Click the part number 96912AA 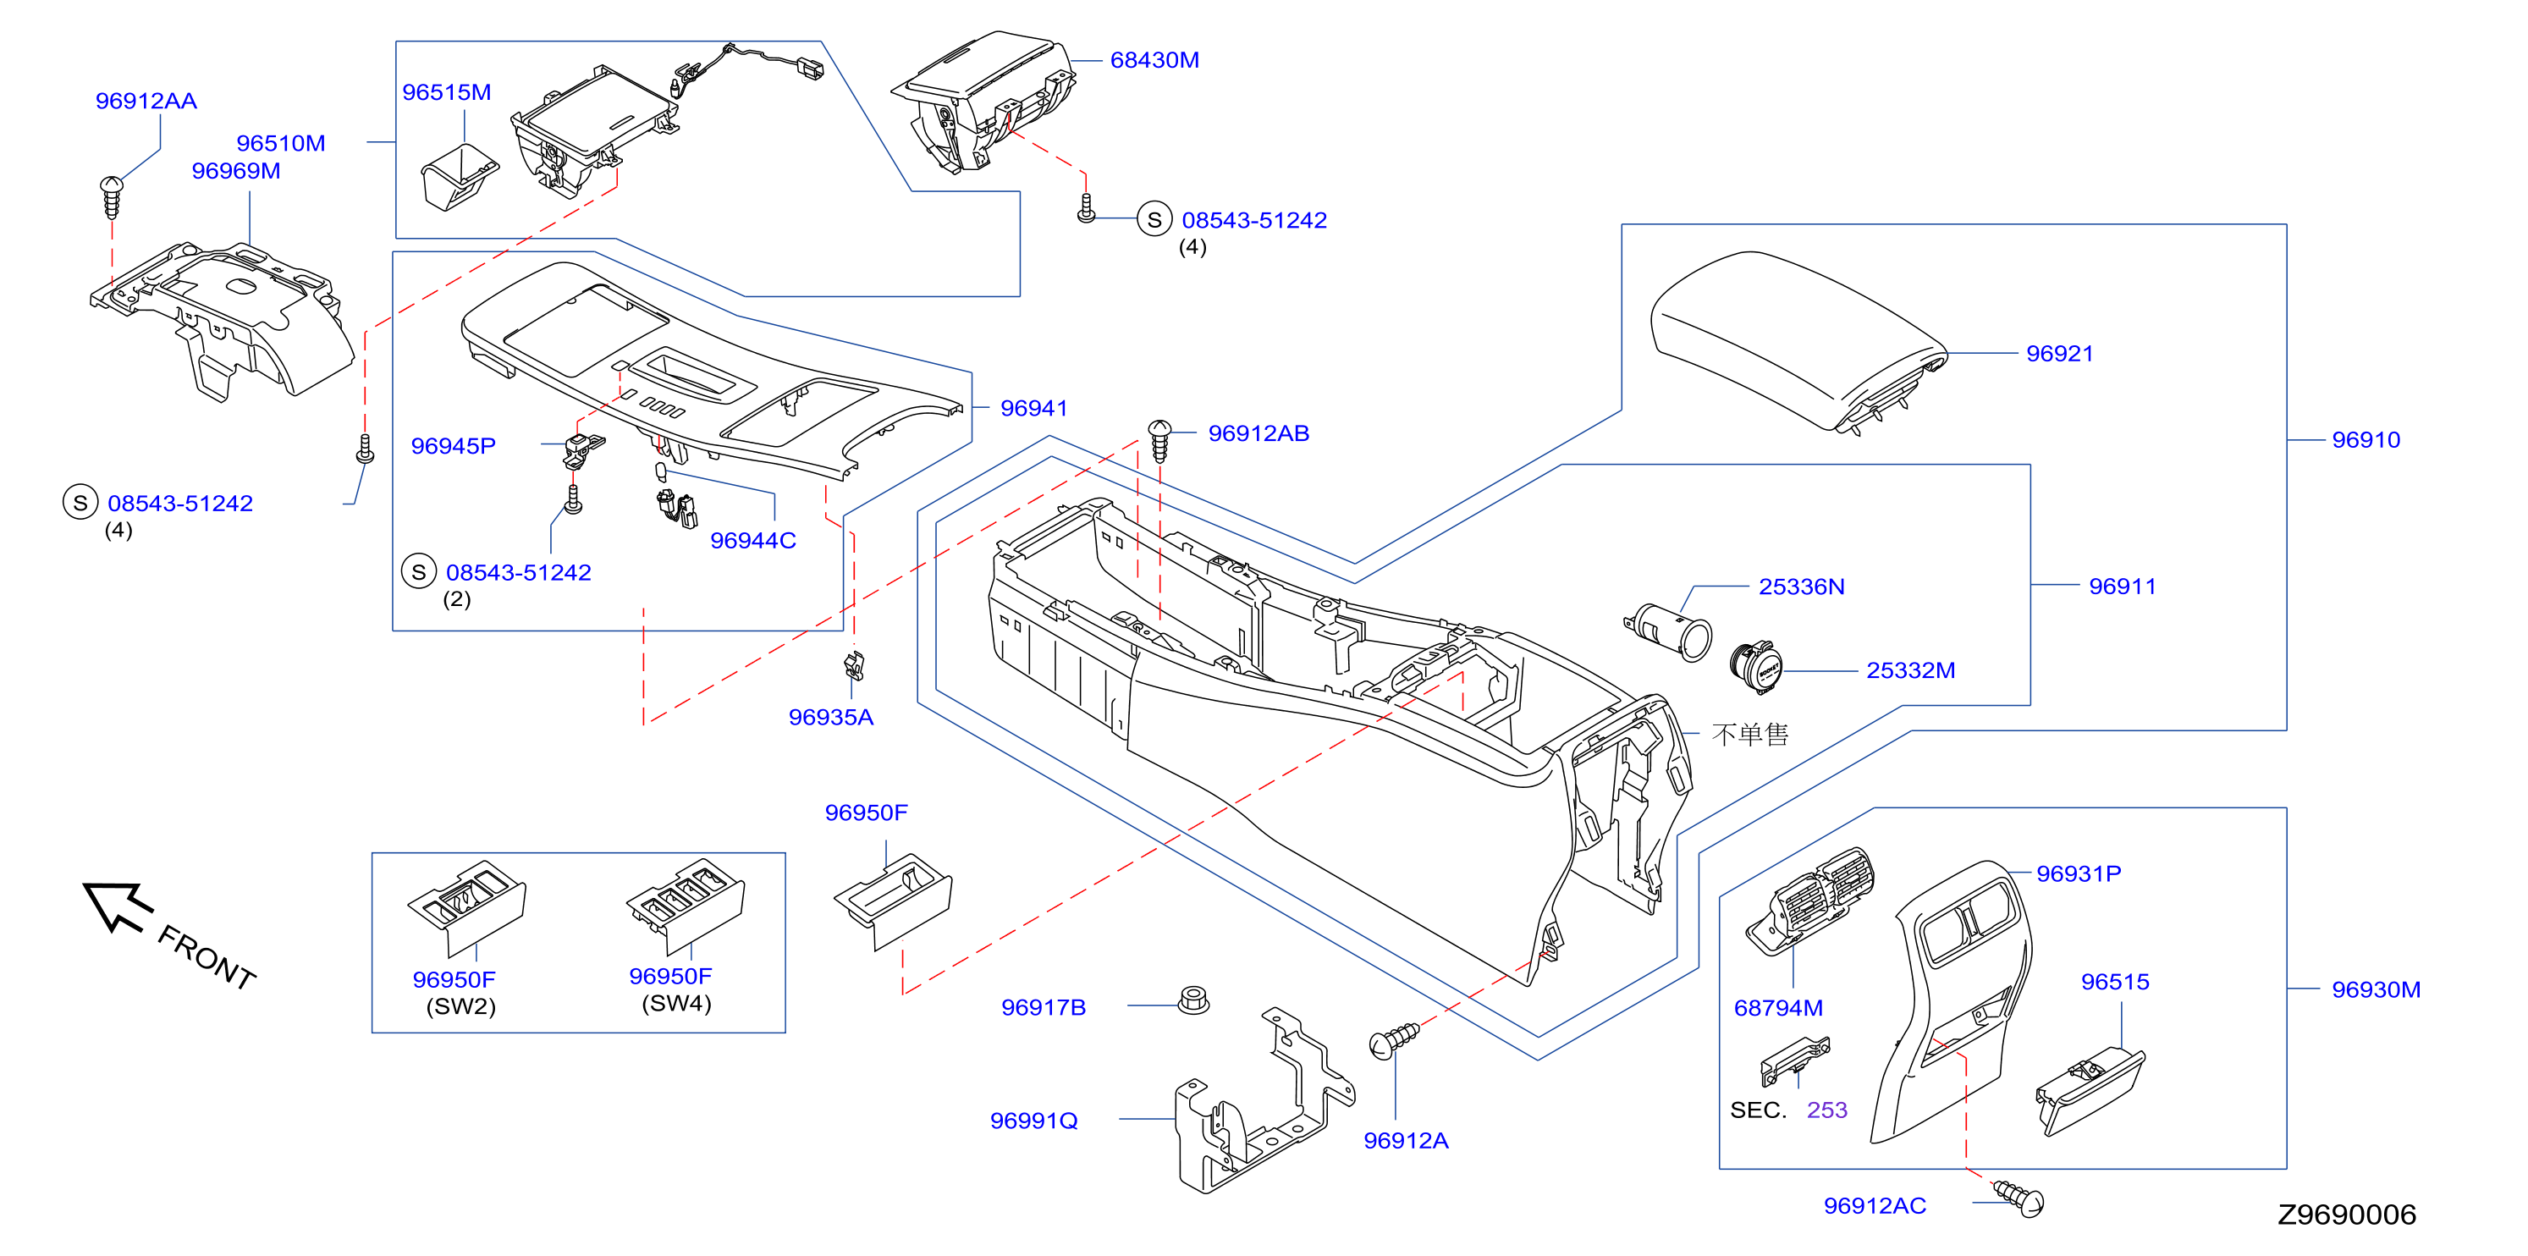point(146,101)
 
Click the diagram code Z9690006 point(2345,1215)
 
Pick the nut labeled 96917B point(1193,1001)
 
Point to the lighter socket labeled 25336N point(1668,633)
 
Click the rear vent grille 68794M point(1809,900)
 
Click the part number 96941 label point(1033,408)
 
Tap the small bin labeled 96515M point(459,177)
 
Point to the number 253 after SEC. point(1826,1110)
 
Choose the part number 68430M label point(1154,60)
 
